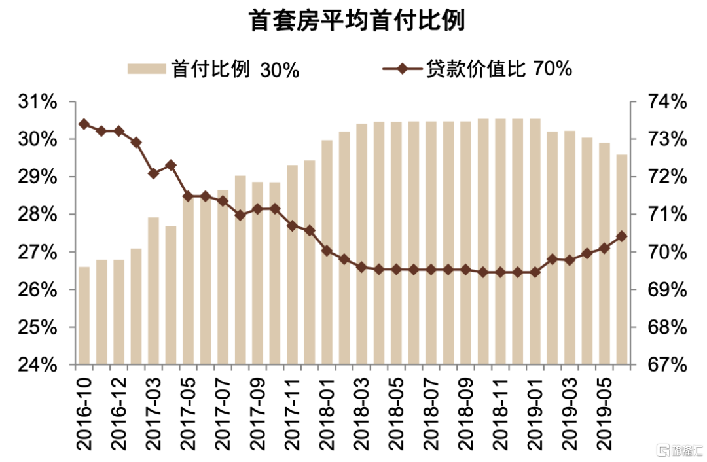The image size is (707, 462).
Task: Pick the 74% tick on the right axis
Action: (x=666, y=103)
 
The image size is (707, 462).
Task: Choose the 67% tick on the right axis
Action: (x=666, y=365)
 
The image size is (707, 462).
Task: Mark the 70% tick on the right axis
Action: (x=666, y=253)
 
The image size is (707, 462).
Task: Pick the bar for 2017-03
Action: (x=153, y=291)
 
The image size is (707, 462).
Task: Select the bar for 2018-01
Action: (x=327, y=253)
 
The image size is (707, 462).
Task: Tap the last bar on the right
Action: (x=621, y=259)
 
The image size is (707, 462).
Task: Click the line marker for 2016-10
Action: (x=84, y=124)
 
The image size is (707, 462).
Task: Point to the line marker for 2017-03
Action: (x=153, y=173)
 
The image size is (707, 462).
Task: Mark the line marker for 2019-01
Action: (x=535, y=272)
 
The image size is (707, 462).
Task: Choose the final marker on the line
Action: (x=621, y=236)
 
